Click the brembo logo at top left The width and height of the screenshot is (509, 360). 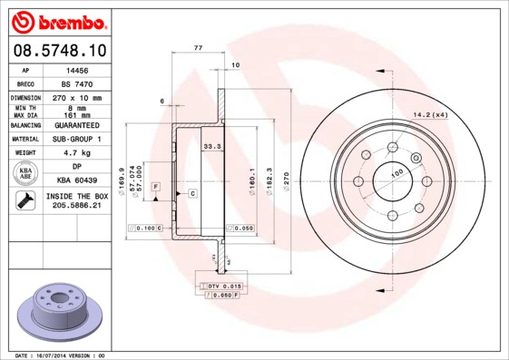(x=57, y=20)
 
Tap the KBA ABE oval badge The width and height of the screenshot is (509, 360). (x=25, y=174)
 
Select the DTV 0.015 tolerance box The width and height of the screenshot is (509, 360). (x=221, y=287)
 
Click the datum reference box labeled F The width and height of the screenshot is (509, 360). (x=156, y=186)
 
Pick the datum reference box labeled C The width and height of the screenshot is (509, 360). (x=193, y=193)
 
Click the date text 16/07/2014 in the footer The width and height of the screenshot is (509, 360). (x=59, y=355)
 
